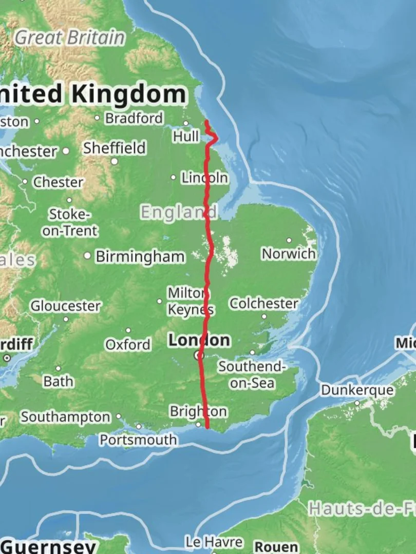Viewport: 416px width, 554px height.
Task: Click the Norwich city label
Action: (x=289, y=253)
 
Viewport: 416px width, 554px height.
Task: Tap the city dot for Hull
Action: (x=186, y=123)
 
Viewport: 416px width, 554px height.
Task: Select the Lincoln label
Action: (x=204, y=178)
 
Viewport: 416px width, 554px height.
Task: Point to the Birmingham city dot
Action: (x=88, y=255)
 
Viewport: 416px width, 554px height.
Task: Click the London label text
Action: (x=199, y=340)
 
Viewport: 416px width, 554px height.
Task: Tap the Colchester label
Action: (x=263, y=304)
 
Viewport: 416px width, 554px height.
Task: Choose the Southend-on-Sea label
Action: (x=251, y=375)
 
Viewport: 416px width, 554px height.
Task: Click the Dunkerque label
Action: (x=357, y=390)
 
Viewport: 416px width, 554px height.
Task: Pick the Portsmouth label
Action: (x=138, y=440)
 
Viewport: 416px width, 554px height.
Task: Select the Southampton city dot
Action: (x=119, y=417)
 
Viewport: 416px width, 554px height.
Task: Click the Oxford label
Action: (x=128, y=344)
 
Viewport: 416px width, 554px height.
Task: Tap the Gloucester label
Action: (x=65, y=306)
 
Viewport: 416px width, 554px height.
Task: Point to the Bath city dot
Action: (x=58, y=368)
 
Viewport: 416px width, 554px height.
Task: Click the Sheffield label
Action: (x=115, y=148)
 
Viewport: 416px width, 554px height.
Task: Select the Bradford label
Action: (x=134, y=118)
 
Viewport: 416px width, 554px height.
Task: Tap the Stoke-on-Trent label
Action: (x=70, y=222)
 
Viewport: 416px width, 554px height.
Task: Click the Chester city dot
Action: (x=25, y=182)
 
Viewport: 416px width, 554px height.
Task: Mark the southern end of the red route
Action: (x=207, y=426)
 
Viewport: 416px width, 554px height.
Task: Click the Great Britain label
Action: (x=69, y=37)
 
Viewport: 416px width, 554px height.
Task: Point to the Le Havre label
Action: (x=214, y=542)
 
